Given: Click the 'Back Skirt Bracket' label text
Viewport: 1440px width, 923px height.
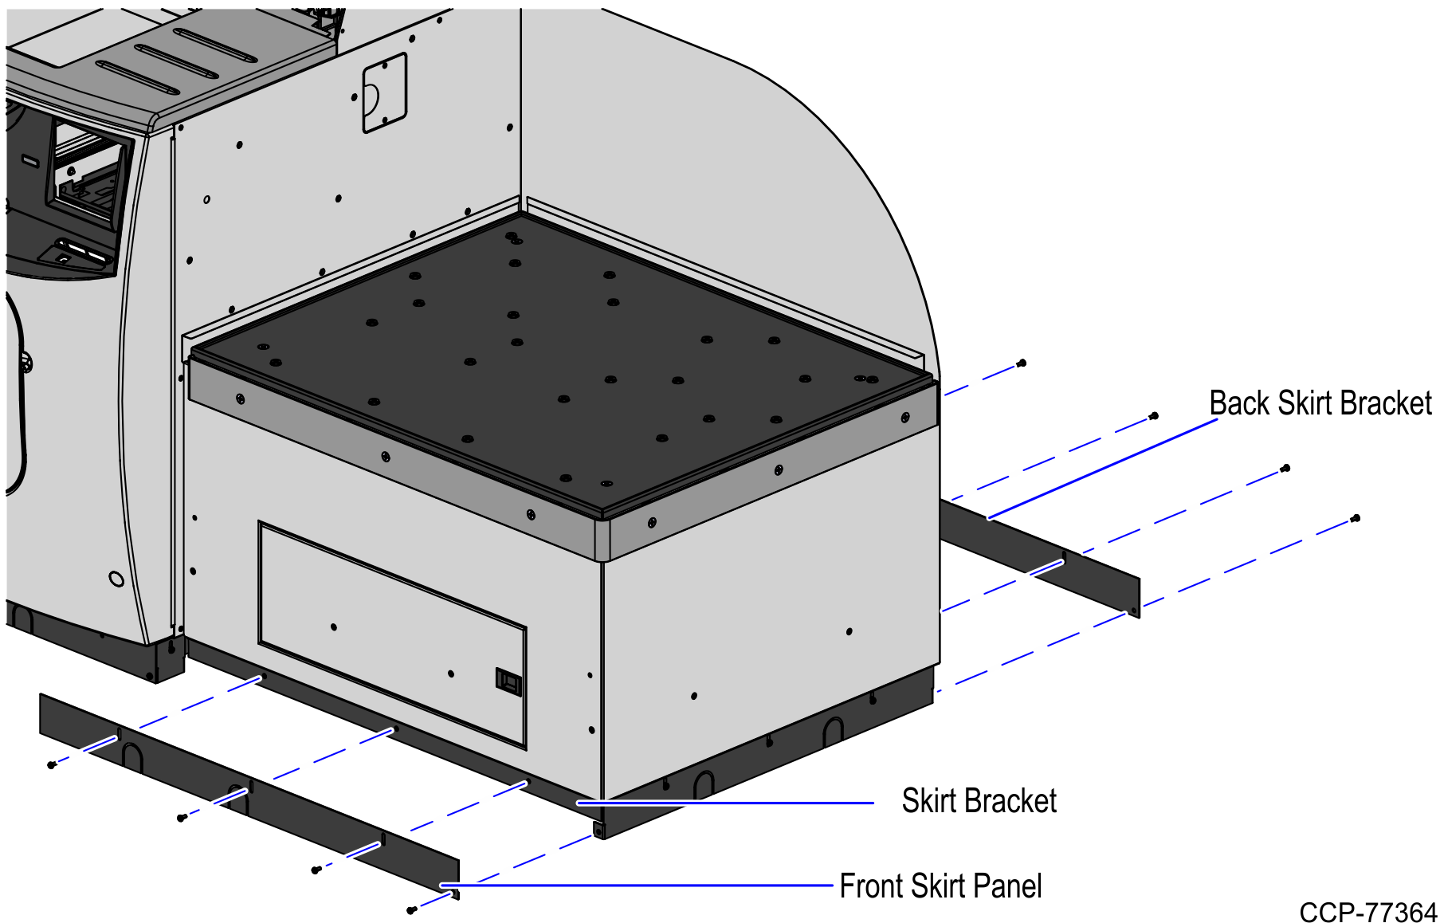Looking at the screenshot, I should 1320,403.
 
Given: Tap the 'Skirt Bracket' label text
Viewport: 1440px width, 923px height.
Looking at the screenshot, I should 979,801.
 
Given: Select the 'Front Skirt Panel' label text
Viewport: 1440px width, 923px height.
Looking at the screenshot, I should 940,886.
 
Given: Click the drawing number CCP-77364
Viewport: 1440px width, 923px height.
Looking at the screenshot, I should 1367,912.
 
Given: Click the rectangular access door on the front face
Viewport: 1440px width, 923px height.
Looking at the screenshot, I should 390,634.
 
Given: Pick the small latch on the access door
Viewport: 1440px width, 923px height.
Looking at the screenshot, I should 508,682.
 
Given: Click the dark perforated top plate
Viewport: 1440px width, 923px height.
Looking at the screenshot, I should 558,367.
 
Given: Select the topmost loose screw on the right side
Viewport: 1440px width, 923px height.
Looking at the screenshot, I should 1022,363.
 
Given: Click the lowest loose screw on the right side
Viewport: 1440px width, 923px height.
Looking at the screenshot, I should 1356,519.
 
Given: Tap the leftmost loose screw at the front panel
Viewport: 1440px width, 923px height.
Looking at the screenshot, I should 52,765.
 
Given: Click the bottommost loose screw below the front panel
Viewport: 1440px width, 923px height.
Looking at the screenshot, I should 411,909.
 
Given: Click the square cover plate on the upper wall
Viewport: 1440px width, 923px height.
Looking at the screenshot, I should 384,92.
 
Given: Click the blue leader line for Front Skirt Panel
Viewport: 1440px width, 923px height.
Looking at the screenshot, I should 638,885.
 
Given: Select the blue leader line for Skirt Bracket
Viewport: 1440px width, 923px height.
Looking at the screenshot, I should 725,803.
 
